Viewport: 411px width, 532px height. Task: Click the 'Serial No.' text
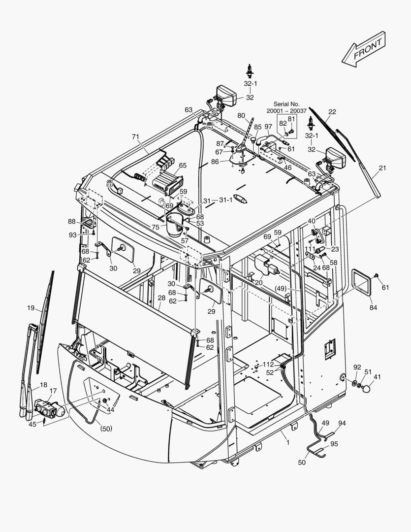coord(286,104)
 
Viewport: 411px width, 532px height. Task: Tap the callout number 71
coord(135,136)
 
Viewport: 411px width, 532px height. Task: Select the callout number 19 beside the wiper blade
coord(31,308)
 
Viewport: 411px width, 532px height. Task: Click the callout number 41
coord(377,377)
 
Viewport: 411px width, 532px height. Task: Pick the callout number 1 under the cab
coord(288,442)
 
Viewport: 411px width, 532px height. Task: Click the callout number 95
coord(334,444)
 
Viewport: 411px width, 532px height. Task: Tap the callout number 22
coord(332,112)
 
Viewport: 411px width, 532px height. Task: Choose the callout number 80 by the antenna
coord(241,116)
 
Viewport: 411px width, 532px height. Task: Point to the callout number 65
coord(183,166)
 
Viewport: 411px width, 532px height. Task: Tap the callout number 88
coord(72,222)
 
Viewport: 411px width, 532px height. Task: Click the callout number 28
coord(161,298)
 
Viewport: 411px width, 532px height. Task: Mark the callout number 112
coord(268,364)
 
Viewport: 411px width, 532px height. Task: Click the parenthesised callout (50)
coord(106,429)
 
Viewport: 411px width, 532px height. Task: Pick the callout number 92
coord(357,367)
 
